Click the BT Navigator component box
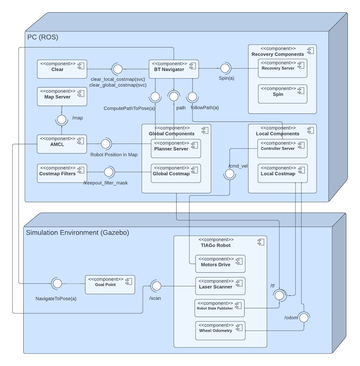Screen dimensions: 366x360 pyautogui.click(x=173, y=69)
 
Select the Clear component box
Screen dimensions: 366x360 pyautogui.click(x=62, y=69)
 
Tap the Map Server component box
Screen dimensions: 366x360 pyautogui.click(x=62, y=96)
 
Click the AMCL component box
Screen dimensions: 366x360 pyautogui.click(x=62, y=144)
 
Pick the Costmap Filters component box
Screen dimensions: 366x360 pyautogui.click(x=62, y=173)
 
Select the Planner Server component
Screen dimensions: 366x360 pyautogui.click(x=176, y=148)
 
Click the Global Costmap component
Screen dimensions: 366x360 pyautogui.click(x=176, y=173)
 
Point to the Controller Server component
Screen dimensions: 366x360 pyautogui.click(x=282, y=148)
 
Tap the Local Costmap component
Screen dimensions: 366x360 pyautogui.click(x=282, y=173)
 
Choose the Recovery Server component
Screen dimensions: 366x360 pyautogui.click(x=282, y=68)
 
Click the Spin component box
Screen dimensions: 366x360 pyautogui.click(x=282, y=94)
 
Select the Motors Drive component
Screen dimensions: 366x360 pyautogui.click(x=220, y=264)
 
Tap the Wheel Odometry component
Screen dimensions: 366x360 pyautogui.click(x=220, y=331)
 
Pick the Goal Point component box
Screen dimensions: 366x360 pyautogui.click(x=110, y=284)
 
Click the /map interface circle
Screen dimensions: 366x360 pyautogui.click(x=62, y=119)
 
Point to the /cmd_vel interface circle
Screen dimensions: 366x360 pyautogui.click(x=230, y=174)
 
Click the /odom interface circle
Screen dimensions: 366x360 pyautogui.click(x=304, y=318)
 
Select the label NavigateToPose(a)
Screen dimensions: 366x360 pyautogui.click(x=56, y=299)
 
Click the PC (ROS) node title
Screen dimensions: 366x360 pyautogui.click(x=43, y=37)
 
